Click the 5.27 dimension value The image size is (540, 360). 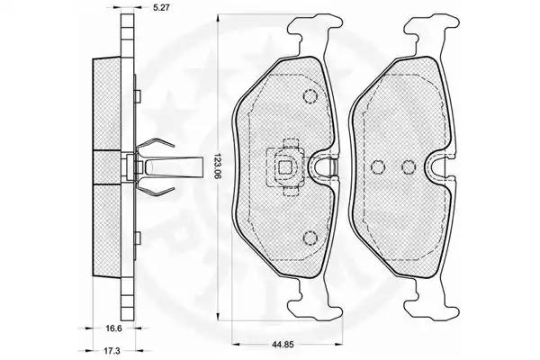point(161,6)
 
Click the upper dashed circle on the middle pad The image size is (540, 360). point(310,95)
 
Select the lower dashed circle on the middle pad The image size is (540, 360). point(310,238)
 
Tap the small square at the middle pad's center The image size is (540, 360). point(284,167)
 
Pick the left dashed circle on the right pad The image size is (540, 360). point(378,167)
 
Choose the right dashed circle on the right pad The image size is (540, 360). point(409,167)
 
